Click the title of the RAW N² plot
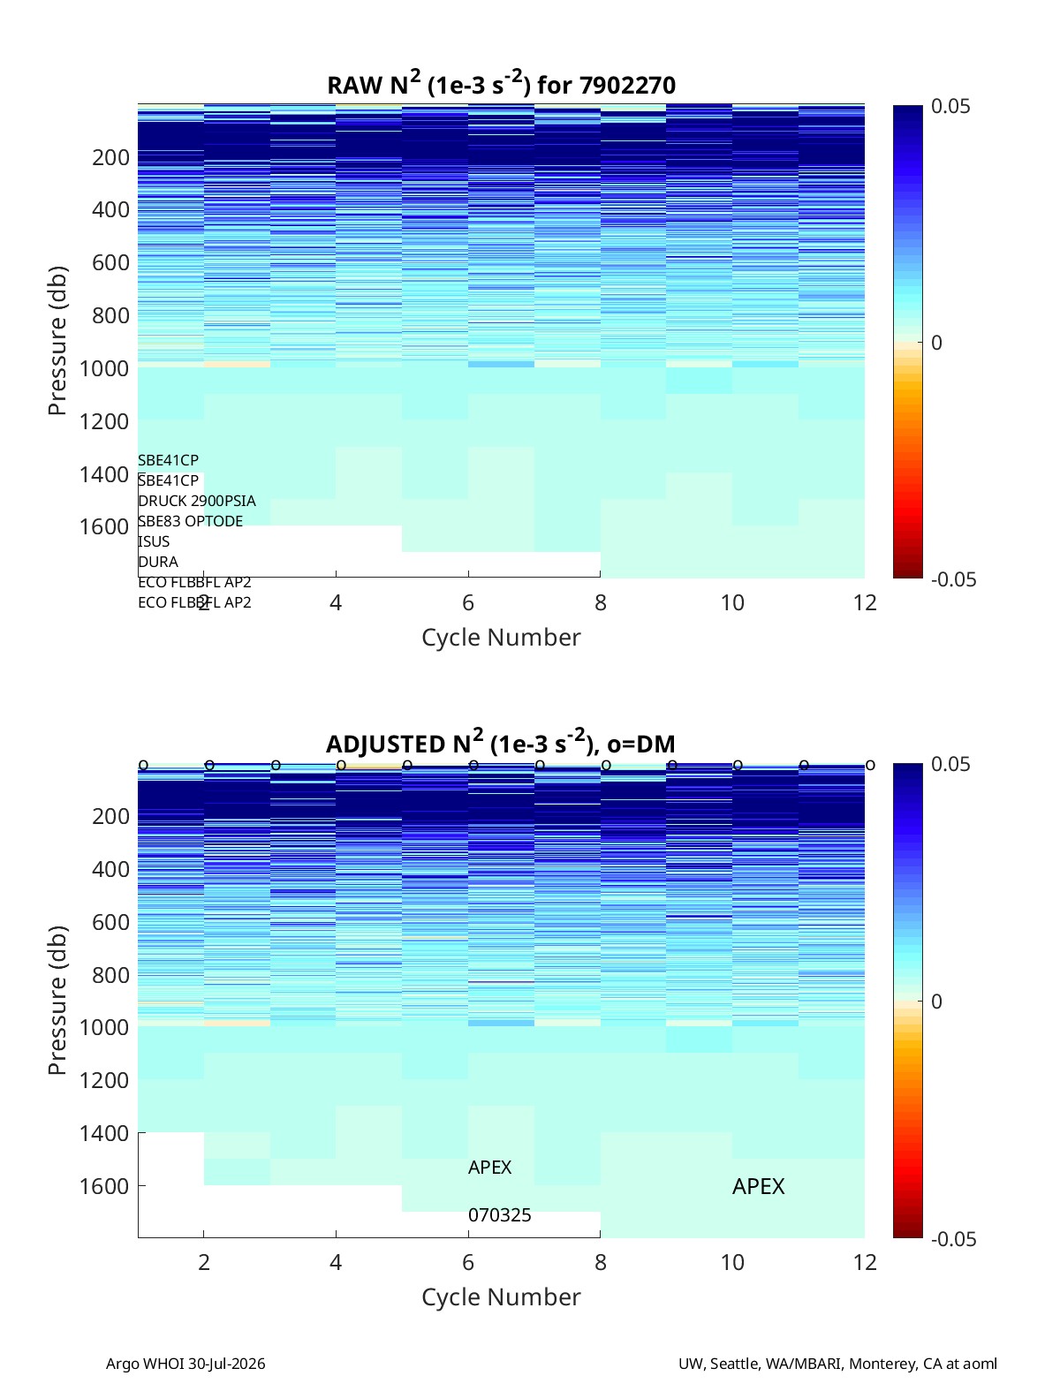[x=501, y=83]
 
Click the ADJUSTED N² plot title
[x=501, y=742]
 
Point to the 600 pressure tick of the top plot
[x=110, y=262]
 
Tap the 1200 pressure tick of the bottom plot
[x=104, y=1080]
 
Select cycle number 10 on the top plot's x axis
[x=731, y=602]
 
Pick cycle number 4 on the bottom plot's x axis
[x=335, y=1262]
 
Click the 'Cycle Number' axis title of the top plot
[x=501, y=637]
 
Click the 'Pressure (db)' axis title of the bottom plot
[x=57, y=1000]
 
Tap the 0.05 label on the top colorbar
[x=950, y=106]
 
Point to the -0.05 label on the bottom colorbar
[x=953, y=1238]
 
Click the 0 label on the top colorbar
[x=935, y=343]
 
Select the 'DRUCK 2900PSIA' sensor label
[x=196, y=501]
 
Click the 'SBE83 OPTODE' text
[x=190, y=521]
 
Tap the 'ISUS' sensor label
[x=154, y=541]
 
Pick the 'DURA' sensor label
[x=158, y=562]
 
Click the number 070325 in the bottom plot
[x=499, y=1215]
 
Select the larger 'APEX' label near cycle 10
[x=758, y=1186]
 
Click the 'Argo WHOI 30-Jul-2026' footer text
[x=185, y=1363]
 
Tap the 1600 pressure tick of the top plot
[x=104, y=526]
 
